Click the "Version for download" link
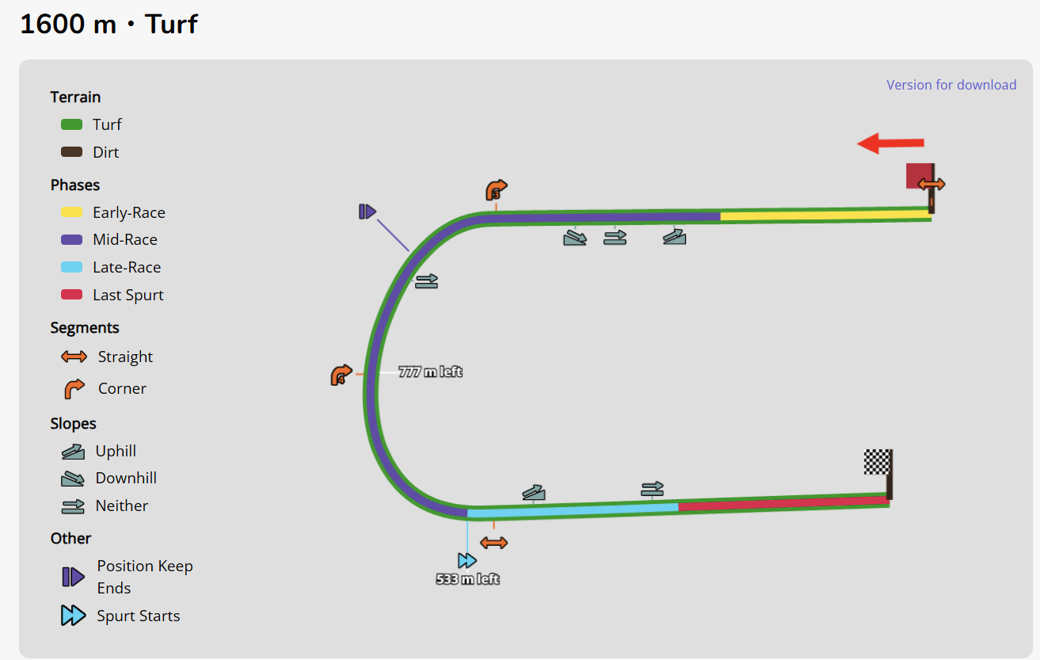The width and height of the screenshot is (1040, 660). coord(951,85)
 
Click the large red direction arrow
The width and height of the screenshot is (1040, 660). coord(890,143)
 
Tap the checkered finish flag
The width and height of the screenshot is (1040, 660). coord(876,461)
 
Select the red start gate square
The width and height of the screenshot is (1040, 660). coord(918,175)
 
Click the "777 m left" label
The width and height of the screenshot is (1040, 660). coord(430,372)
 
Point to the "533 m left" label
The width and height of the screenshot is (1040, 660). coord(467,579)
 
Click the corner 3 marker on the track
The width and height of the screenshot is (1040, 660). coord(496,191)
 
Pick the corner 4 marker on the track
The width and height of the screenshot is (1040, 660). coord(341,375)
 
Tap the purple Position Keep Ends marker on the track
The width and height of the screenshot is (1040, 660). coord(367,212)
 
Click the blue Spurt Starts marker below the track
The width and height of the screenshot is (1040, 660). coord(467,561)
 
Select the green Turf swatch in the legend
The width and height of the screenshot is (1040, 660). coord(72,124)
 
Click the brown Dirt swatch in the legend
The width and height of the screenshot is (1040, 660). coord(72,152)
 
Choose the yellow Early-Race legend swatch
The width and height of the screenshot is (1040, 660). coord(72,212)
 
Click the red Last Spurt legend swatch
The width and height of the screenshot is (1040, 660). coord(72,295)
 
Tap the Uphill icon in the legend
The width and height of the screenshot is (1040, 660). coord(73,452)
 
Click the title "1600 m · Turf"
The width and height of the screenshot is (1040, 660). coord(109,25)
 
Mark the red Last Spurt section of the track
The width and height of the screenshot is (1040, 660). coord(784,503)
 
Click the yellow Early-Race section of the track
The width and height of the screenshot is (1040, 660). coord(824,215)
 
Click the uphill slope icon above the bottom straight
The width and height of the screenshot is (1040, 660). coord(534,492)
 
